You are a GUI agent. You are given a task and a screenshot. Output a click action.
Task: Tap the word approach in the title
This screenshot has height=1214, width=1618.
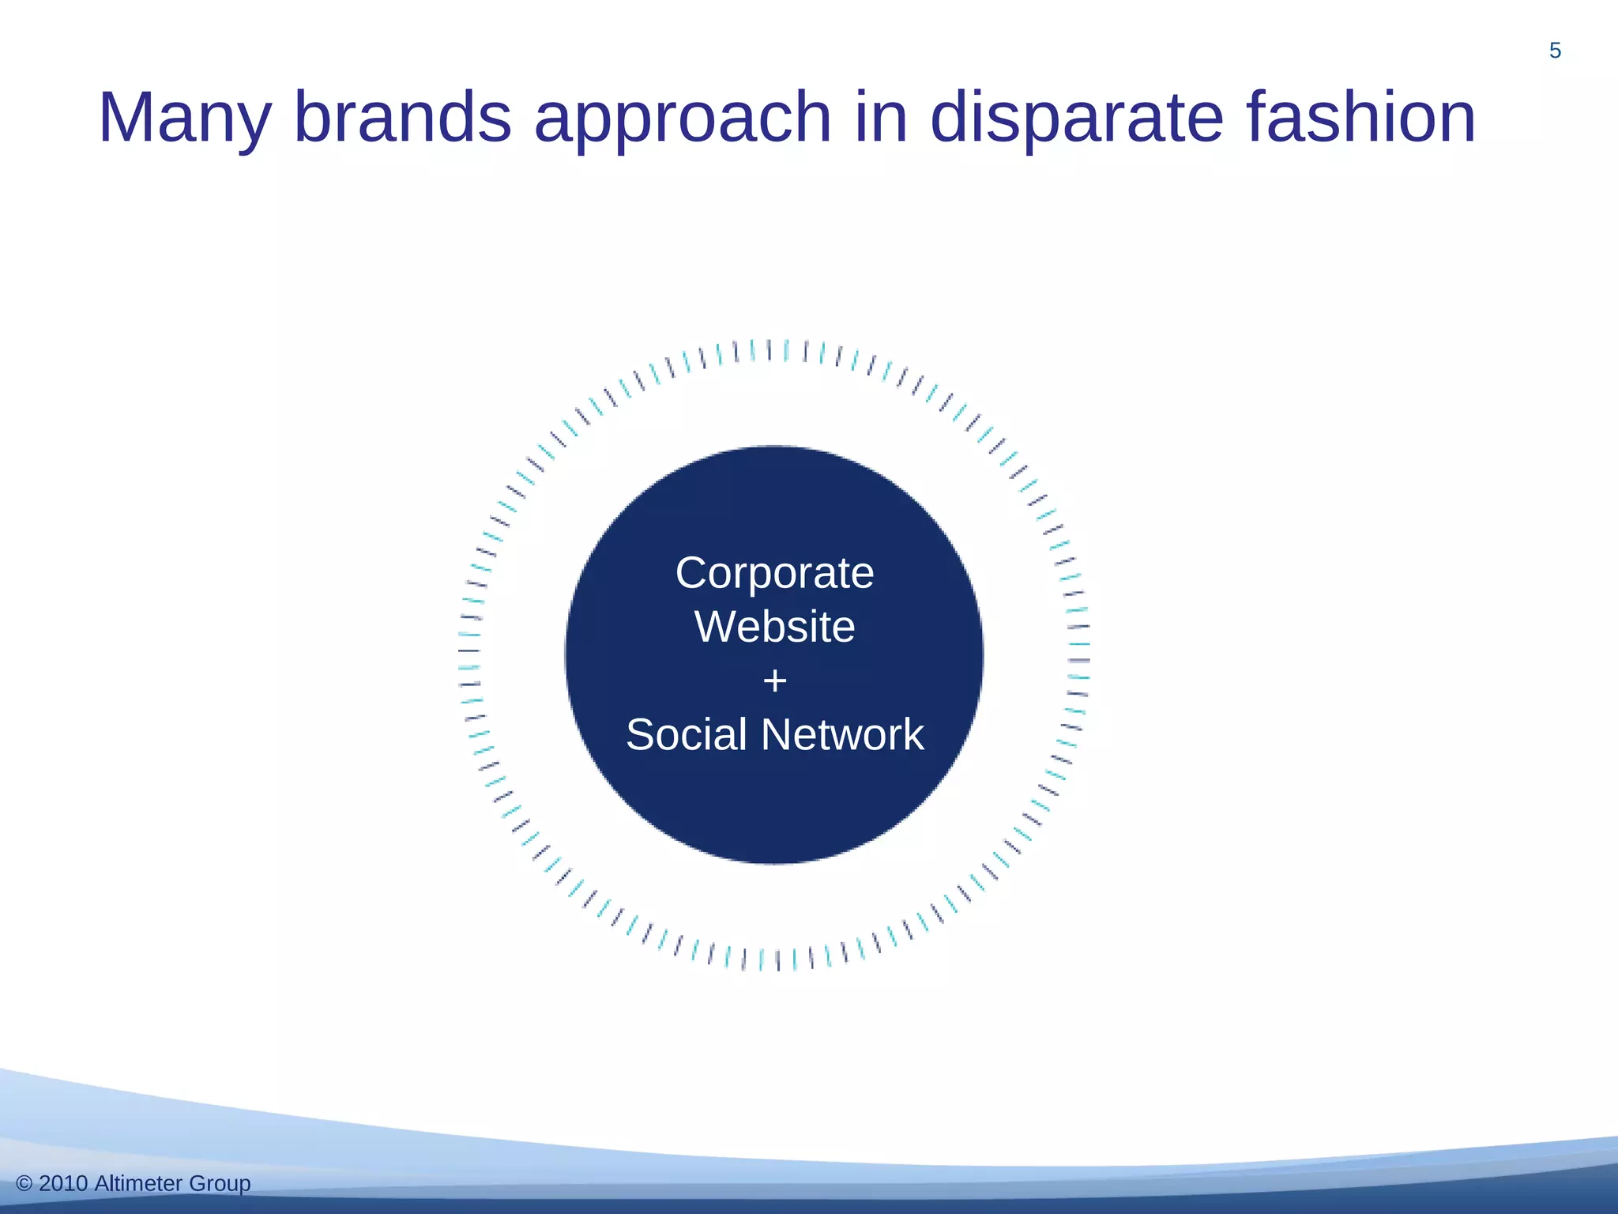[x=683, y=119]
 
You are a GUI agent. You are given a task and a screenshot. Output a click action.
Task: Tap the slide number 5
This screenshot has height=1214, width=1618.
[x=1555, y=51]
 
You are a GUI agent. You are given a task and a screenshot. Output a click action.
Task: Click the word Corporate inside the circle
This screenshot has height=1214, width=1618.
[x=774, y=573]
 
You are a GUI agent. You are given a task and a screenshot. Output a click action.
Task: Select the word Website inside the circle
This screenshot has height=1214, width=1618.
[x=774, y=627]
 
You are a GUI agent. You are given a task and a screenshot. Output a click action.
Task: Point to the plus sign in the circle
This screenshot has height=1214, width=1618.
[x=775, y=681]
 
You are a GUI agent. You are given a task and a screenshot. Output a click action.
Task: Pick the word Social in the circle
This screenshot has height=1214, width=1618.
[x=686, y=734]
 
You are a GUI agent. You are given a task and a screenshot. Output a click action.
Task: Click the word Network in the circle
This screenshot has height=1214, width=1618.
[x=842, y=734]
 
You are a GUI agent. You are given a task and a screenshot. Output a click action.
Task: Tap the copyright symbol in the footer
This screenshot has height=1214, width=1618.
[x=24, y=1183]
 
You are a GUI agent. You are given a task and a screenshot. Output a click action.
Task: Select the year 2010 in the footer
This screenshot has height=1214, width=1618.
[x=63, y=1183]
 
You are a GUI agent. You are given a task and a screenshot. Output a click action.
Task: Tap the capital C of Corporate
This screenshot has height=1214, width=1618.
[x=692, y=573]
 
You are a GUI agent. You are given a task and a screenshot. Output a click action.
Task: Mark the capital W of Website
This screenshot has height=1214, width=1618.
[x=715, y=627]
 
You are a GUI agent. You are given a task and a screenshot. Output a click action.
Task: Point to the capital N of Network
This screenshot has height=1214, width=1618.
[x=776, y=734]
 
